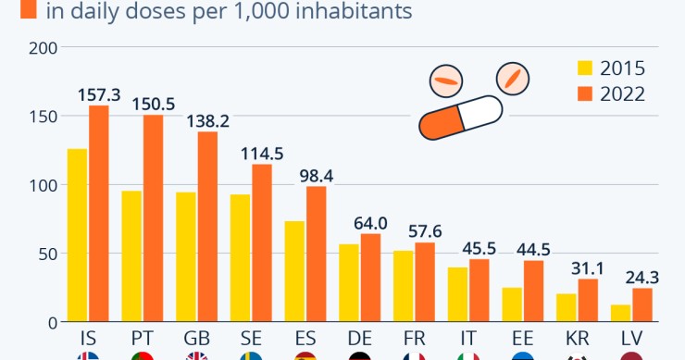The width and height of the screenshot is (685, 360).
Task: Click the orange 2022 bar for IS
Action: click(x=99, y=214)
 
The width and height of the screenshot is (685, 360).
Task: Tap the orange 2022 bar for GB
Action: click(x=207, y=227)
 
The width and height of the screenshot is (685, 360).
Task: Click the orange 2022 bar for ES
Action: click(x=316, y=254)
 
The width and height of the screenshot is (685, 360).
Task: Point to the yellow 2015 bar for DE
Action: click(x=348, y=283)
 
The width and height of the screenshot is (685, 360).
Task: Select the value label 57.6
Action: click(x=424, y=231)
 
